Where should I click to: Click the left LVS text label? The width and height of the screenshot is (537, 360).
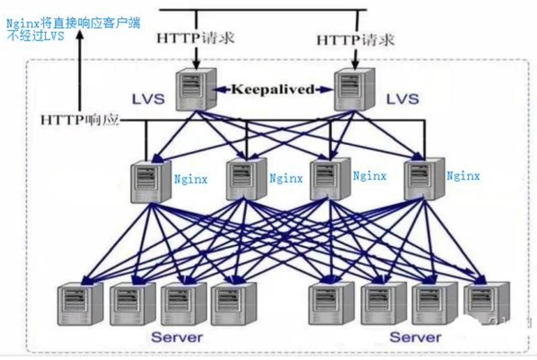148,99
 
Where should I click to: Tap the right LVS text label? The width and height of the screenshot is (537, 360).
403,99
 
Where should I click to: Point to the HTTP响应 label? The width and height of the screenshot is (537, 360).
80,120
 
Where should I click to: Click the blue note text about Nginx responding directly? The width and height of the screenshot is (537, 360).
73,29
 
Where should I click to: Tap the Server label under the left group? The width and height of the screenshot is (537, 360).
177,337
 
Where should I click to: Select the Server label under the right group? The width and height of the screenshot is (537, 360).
415,337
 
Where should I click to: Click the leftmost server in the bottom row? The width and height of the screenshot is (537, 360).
79,304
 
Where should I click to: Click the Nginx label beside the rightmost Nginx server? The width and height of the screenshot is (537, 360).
463,176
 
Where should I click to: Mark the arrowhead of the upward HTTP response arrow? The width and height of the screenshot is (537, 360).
79,38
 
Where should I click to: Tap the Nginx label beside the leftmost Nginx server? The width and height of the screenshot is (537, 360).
190,179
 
